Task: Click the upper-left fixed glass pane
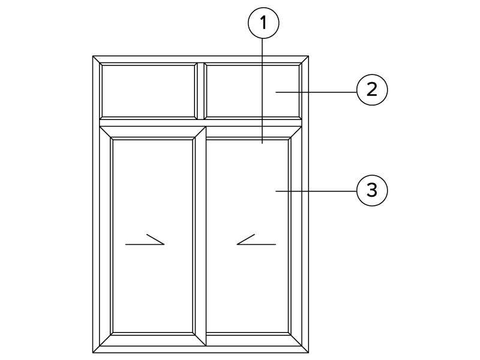click(149, 91)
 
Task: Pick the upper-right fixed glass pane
click(253, 91)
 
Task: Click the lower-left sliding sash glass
click(153, 236)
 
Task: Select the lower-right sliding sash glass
click(247, 236)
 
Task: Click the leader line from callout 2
click(316, 92)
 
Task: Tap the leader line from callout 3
click(316, 191)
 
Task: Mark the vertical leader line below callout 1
click(262, 91)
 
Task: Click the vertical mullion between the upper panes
click(201, 91)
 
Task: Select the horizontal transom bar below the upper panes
click(201, 123)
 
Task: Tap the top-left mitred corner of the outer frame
click(97, 59)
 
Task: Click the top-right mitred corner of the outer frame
click(305, 59)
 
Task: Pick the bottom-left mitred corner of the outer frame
click(97, 350)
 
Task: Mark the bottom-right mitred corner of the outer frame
click(305, 350)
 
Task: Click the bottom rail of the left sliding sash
click(153, 340)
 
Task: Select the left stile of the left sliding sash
click(106, 236)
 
